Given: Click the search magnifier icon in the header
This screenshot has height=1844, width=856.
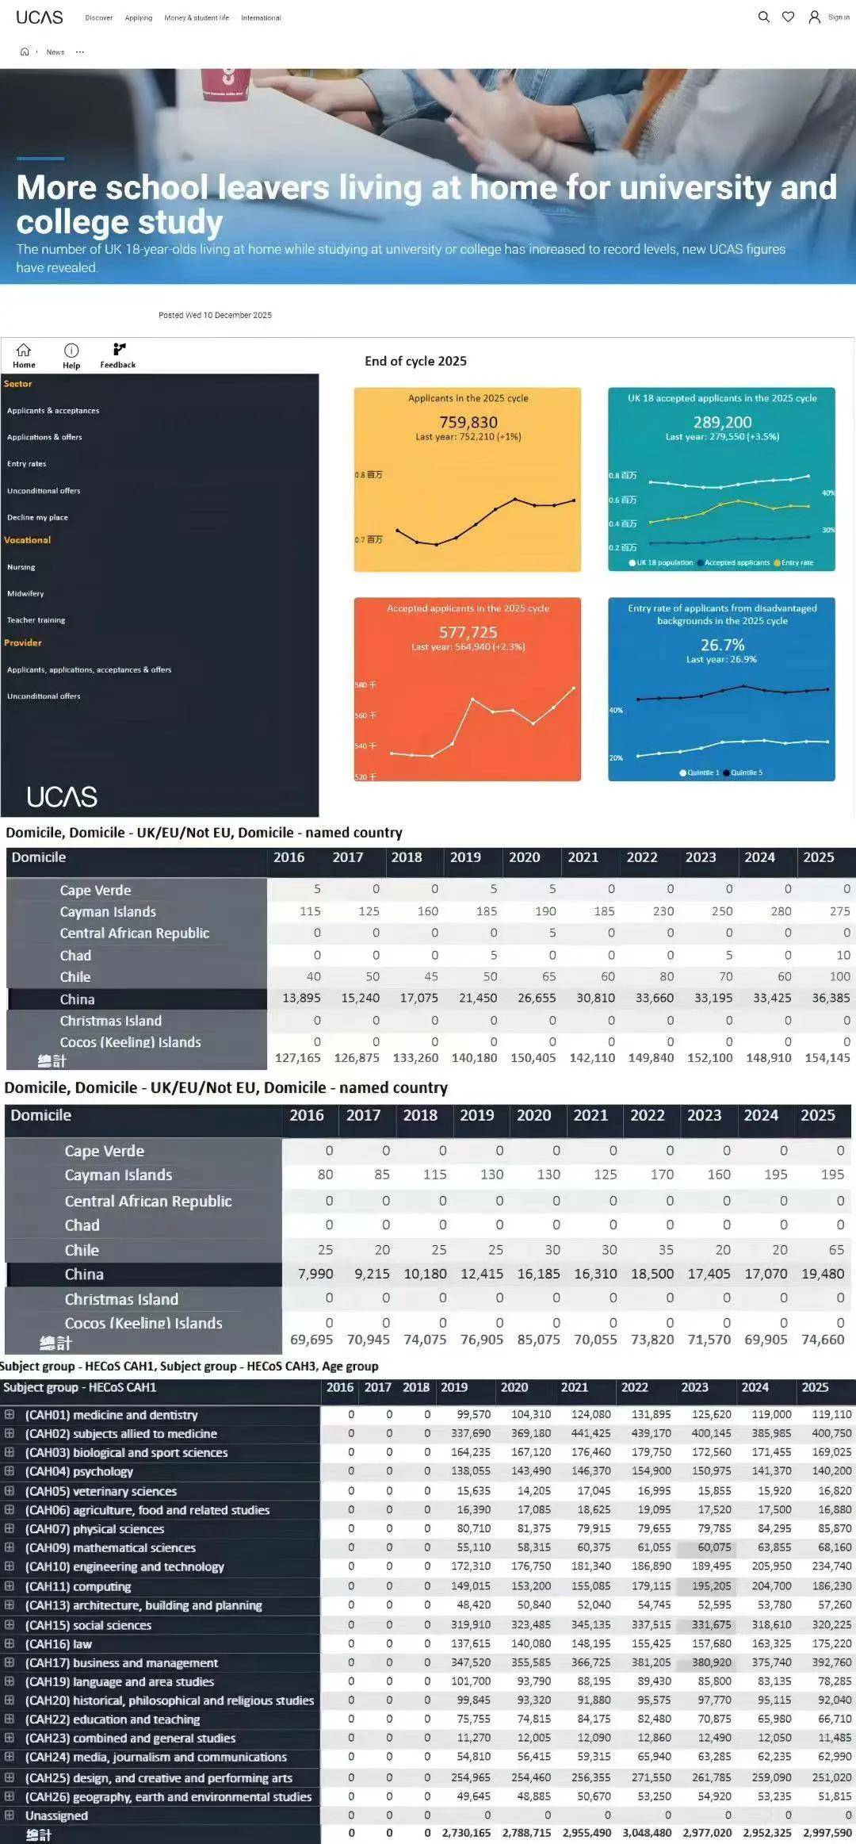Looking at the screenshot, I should pos(763,17).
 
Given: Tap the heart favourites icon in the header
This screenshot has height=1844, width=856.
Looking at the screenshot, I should pos(788,17).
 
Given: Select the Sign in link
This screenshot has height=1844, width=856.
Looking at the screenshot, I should pos(838,17).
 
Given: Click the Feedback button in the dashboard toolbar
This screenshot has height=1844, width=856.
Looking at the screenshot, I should pos(118,355).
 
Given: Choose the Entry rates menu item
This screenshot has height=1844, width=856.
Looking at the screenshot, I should pos(27,464).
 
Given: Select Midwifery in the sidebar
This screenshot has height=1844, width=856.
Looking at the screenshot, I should pos(25,593).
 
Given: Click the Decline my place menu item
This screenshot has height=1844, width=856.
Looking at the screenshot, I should pos(37,517).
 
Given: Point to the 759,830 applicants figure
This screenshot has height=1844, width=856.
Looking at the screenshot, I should pos(468,422).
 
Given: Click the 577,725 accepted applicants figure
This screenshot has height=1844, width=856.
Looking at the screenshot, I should pos(468,632).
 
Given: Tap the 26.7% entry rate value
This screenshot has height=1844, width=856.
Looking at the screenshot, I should pos(722,645).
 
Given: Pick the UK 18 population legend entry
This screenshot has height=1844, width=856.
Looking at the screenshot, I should pos(661,562).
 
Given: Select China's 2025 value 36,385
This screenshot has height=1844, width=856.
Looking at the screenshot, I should pos(831,998).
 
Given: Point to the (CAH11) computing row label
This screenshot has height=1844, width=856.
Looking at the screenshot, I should pos(78,1586).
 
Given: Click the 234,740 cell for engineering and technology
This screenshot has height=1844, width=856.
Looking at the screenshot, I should pos(831,1566).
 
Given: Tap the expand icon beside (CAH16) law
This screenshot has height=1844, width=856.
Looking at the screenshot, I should pos(10,1643).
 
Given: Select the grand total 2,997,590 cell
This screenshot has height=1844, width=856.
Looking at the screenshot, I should pos(827,1833).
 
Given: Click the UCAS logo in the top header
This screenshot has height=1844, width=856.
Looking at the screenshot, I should pos(40,17).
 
